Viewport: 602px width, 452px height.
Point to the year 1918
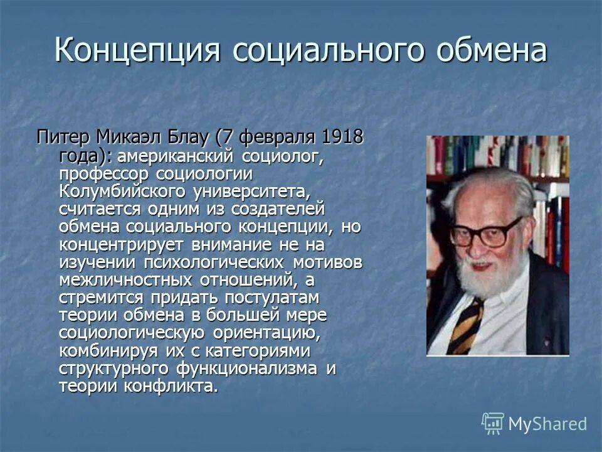(342, 136)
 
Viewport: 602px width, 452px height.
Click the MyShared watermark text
(547, 424)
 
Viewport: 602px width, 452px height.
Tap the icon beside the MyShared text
(492, 423)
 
